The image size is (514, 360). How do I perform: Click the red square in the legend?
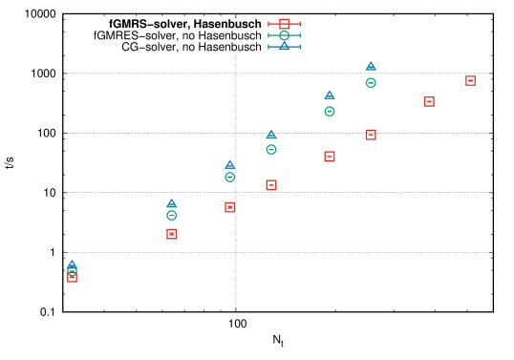pyautogui.click(x=284, y=23)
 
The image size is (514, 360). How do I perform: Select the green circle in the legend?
pyautogui.click(x=284, y=35)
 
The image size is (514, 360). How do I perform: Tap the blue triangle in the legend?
pyautogui.click(x=284, y=46)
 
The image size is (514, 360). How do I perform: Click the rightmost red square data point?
pyautogui.click(x=470, y=81)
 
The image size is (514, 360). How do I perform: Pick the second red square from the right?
pyautogui.click(x=429, y=101)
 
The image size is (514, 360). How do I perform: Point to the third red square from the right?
pyautogui.click(x=371, y=135)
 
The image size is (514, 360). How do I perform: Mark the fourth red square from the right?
pyautogui.click(x=330, y=157)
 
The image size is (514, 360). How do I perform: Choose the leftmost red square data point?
pyautogui.click(x=72, y=277)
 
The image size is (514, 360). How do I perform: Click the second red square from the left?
pyautogui.click(x=172, y=234)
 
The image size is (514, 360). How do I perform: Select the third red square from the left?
pyautogui.click(x=230, y=207)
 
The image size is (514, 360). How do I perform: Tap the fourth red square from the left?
pyautogui.click(x=271, y=185)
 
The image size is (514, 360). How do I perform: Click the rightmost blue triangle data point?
pyautogui.click(x=371, y=66)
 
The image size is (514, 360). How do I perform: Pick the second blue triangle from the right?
pyautogui.click(x=330, y=95)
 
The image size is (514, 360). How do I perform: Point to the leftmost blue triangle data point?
pyautogui.click(x=72, y=264)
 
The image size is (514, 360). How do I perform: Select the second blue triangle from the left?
pyautogui.click(x=172, y=203)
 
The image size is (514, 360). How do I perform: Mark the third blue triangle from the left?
pyautogui.click(x=230, y=164)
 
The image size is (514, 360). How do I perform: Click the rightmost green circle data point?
pyautogui.click(x=371, y=83)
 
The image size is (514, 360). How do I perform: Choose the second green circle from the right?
pyautogui.click(x=330, y=112)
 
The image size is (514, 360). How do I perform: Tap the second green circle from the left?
pyautogui.click(x=172, y=216)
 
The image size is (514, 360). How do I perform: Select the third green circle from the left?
pyautogui.click(x=230, y=178)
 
